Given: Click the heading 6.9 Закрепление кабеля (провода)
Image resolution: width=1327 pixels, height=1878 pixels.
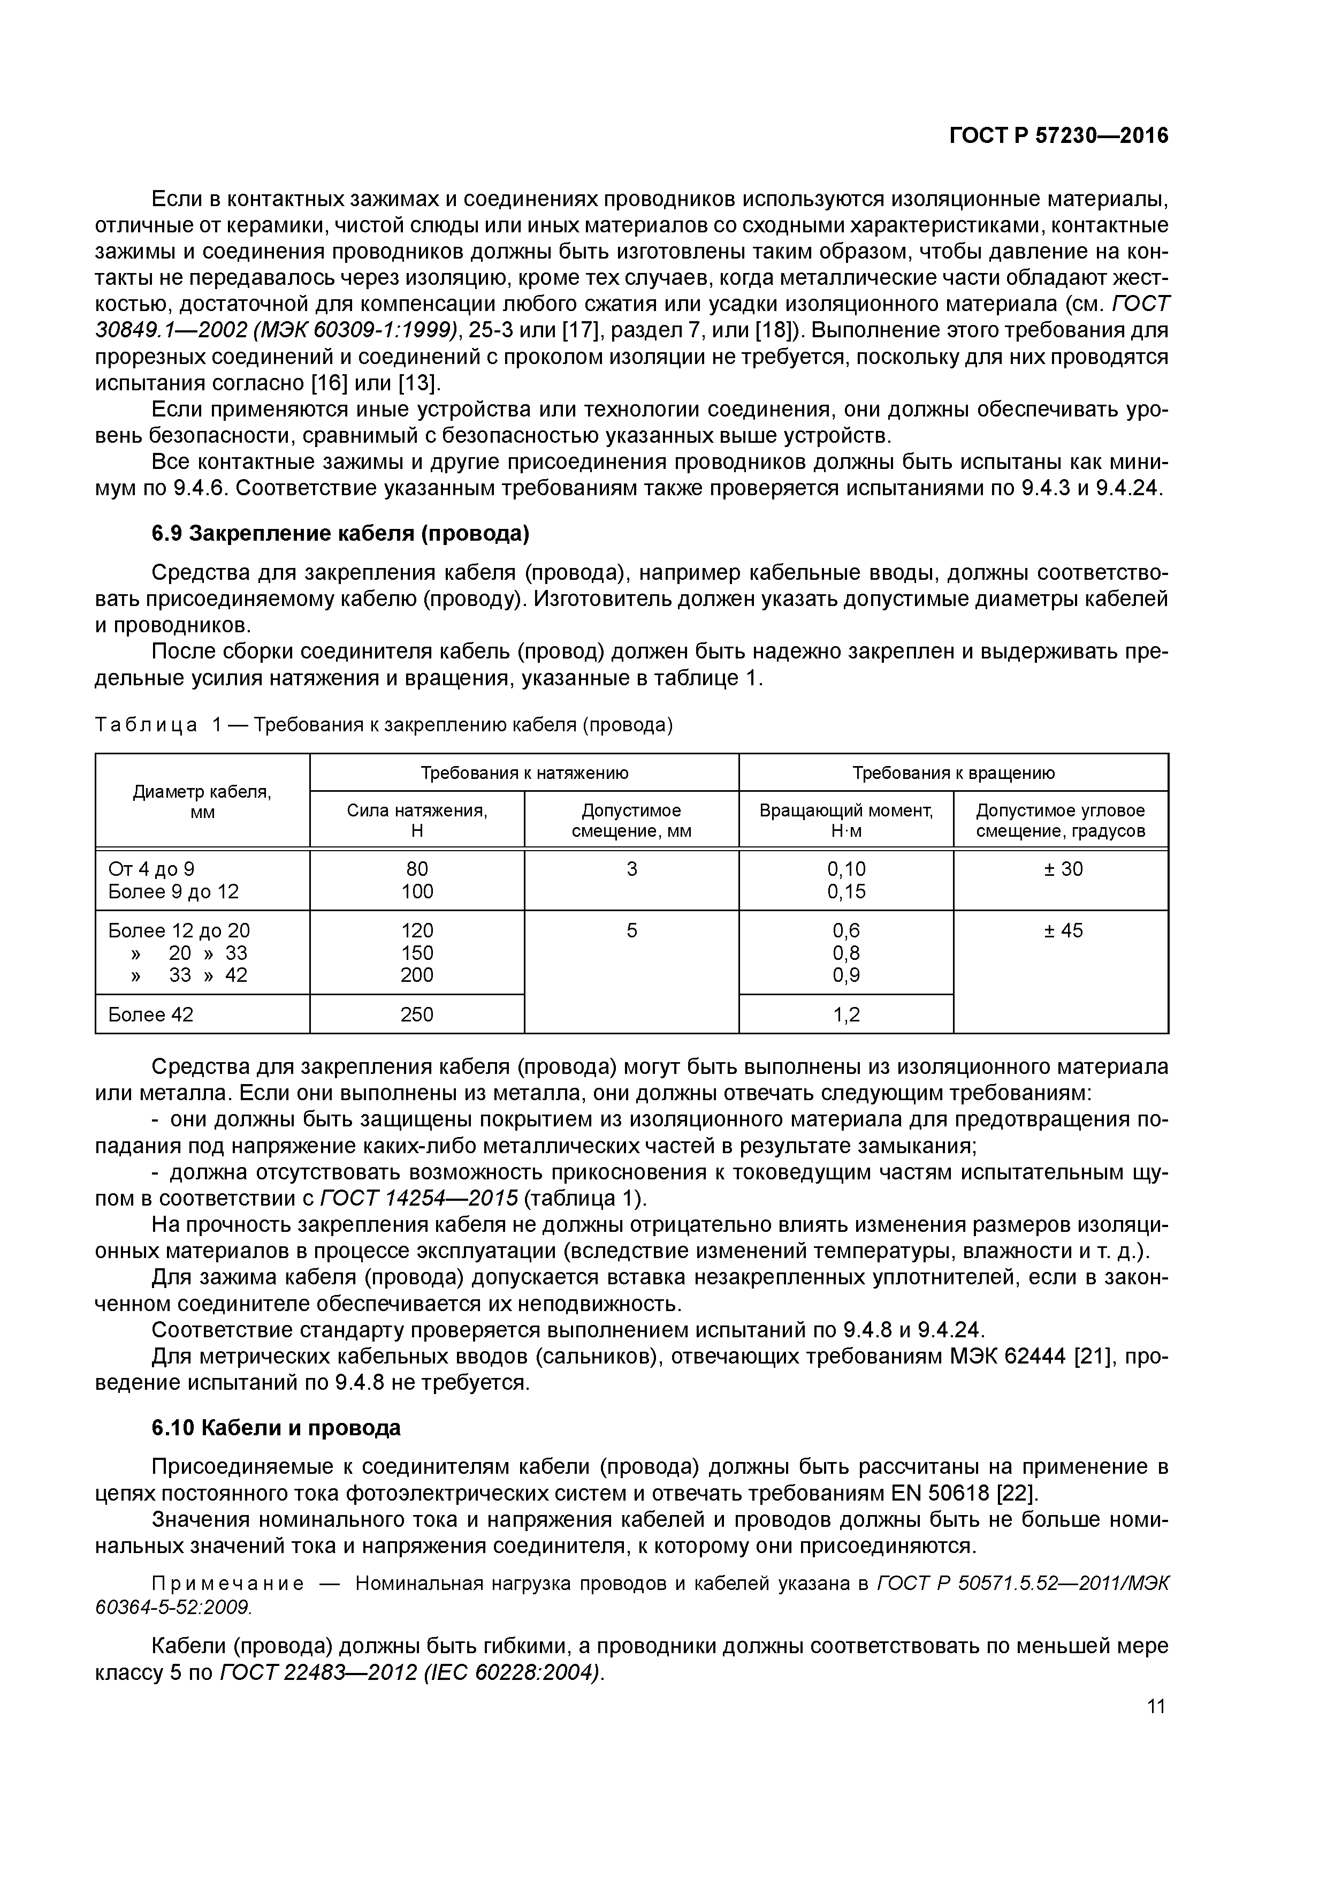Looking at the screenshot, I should pos(340,534).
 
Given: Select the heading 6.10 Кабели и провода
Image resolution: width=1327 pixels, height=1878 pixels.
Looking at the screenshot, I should pos(276,1428).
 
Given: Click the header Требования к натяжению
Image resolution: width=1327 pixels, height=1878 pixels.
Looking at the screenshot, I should pos(524,773).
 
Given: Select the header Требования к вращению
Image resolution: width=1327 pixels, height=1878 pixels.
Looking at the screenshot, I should pos(954,773).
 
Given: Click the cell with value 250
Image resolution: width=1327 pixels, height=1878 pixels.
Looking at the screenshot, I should pos(417,1015).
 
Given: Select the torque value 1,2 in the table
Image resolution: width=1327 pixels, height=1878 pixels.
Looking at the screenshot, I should pos(846,1015).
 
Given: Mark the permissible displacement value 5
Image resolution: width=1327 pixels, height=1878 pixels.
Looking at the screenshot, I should pos(631,931).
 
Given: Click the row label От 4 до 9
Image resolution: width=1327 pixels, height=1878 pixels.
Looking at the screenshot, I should pos(151,869).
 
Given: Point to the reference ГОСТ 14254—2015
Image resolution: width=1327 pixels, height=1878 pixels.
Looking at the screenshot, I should pos(418,1198).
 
